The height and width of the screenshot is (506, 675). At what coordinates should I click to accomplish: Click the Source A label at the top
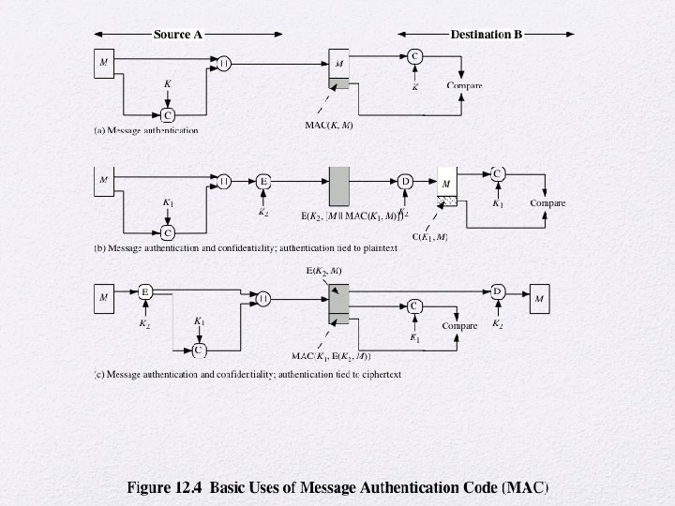tap(177, 35)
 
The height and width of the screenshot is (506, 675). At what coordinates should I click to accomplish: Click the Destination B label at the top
tap(486, 35)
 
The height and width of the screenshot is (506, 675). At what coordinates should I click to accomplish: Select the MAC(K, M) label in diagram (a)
tap(329, 125)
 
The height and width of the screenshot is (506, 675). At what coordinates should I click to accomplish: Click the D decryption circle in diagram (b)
tap(405, 181)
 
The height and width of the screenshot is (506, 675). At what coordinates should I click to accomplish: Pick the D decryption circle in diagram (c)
tap(498, 291)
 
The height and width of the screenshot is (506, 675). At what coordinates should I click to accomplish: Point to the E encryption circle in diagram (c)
tap(145, 291)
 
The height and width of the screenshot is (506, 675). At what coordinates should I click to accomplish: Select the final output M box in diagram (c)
tap(538, 299)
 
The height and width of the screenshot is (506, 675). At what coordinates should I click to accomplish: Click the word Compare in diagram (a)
tap(464, 86)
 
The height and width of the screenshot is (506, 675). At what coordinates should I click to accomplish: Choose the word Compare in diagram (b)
tap(547, 202)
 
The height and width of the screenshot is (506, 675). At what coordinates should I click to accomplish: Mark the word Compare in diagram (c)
tap(459, 326)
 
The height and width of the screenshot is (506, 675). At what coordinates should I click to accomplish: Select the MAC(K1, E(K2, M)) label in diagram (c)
tap(331, 356)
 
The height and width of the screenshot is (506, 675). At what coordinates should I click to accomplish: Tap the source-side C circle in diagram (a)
tap(168, 115)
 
